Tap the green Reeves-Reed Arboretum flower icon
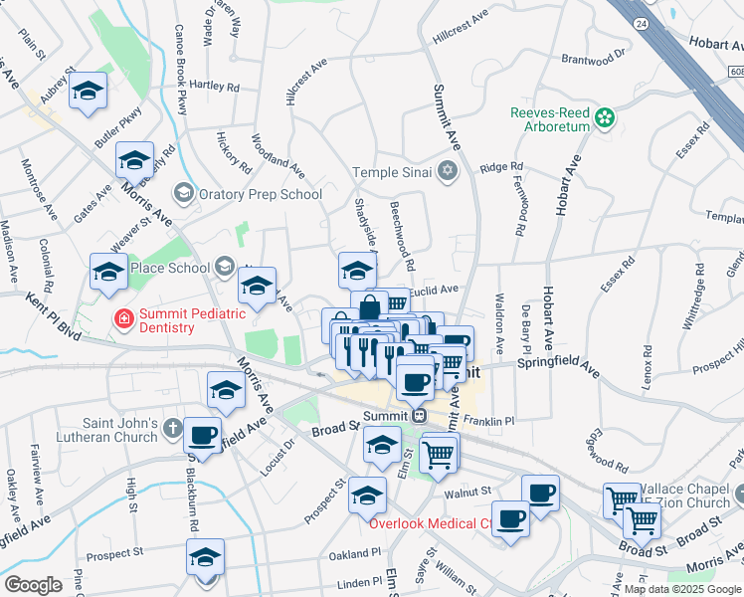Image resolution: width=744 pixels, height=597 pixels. point(604,119)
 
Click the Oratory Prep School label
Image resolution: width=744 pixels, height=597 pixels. point(260,194)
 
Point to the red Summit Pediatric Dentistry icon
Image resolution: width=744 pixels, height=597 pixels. point(123,319)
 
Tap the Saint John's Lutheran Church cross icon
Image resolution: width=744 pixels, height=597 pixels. point(171,430)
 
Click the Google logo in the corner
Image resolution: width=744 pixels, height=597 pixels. point(33,584)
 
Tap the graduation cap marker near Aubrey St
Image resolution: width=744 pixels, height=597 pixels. point(89,93)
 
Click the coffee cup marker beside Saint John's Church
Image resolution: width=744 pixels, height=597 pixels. point(203,435)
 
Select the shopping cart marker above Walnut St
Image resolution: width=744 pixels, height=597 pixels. point(439,455)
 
